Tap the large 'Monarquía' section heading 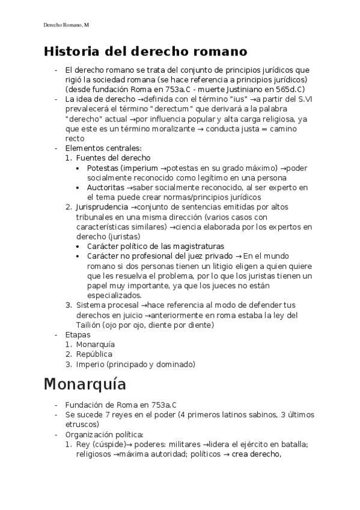click(x=85, y=383)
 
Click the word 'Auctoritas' click(x=106, y=188)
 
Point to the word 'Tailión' click(x=90, y=325)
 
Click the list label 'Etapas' click(x=78, y=334)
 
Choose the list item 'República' click(x=94, y=354)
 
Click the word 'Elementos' click(x=84, y=148)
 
